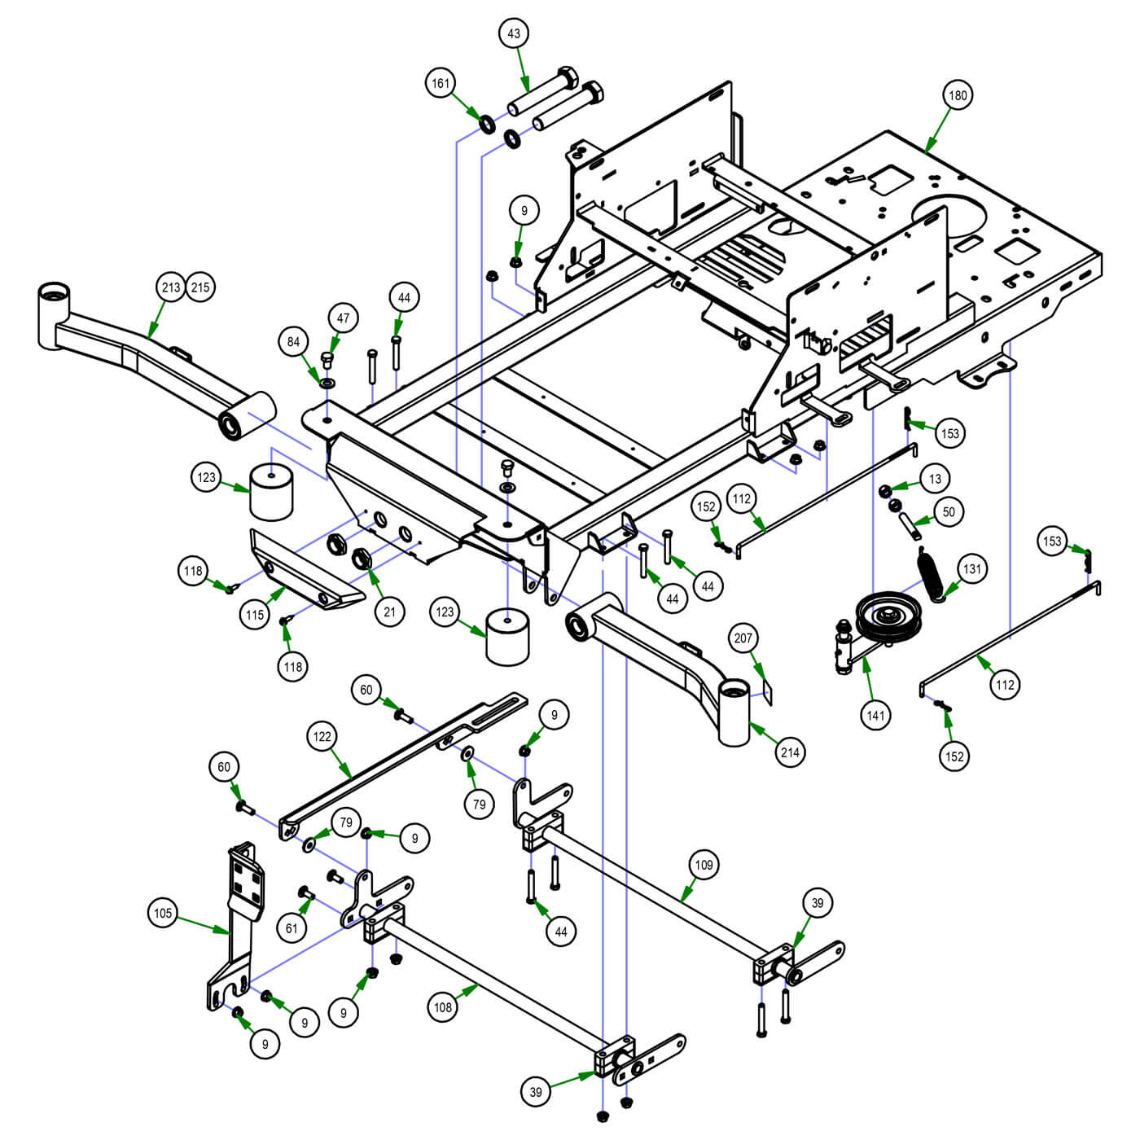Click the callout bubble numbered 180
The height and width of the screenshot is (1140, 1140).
click(x=958, y=95)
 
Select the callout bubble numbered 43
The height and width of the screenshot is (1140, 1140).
click(x=514, y=33)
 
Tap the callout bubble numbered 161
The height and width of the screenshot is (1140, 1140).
click(x=441, y=83)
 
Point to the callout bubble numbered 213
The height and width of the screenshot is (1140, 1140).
click(x=171, y=287)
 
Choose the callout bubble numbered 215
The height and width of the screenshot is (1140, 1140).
click(x=200, y=287)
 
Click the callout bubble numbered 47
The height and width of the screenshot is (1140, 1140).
click(x=344, y=318)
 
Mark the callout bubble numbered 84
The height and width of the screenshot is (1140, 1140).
click(x=294, y=342)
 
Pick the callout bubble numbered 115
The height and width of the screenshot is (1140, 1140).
click(x=255, y=615)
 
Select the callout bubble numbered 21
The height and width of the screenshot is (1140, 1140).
click(x=389, y=612)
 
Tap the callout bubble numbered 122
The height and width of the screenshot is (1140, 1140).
click(x=322, y=737)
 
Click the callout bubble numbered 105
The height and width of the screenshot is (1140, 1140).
click(x=163, y=913)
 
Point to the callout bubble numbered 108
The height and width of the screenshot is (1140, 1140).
click(x=443, y=1007)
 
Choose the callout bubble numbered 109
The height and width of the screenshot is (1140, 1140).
click(x=704, y=864)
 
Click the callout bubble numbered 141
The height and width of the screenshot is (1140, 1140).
click(x=875, y=716)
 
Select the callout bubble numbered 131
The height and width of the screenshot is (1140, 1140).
click(x=972, y=569)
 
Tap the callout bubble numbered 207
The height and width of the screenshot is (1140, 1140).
click(x=743, y=638)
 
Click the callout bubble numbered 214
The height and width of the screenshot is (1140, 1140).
click(x=790, y=752)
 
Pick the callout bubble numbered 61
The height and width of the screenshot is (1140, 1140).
click(x=292, y=927)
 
